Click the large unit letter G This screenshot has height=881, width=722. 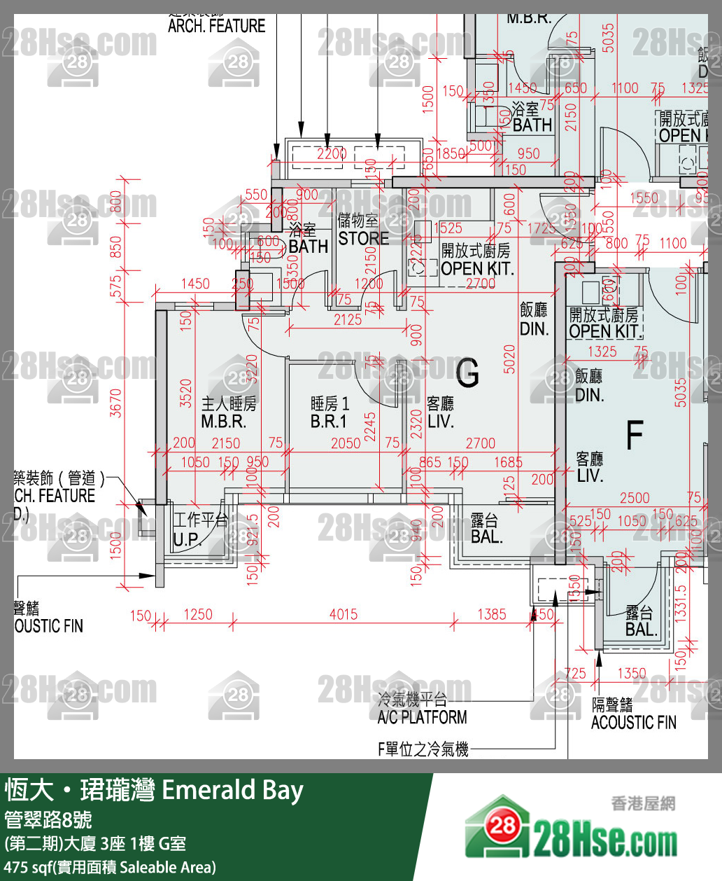click(x=467, y=372)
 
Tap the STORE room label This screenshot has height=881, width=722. click(x=363, y=238)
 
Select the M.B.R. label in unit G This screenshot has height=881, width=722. click(x=223, y=422)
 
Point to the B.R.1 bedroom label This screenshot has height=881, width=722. click(x=328, y=422)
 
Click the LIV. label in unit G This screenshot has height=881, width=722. click(x=440, y=422)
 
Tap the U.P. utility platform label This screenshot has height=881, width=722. click(x=187, y=539)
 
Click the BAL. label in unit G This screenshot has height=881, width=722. click(x=486, y=537)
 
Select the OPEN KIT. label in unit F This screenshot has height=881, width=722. click(x=604, y=331)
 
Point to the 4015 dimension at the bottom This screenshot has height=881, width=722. click(x=343, y=614)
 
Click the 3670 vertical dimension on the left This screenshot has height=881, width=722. click(x=116, y=403)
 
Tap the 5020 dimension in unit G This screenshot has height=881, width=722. click(x=509, y=359)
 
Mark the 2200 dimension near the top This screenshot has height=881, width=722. click(x=331, y=153)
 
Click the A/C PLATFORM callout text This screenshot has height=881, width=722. click(x=422, y=717)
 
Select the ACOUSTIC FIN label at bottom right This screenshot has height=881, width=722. click(x=633, y=722)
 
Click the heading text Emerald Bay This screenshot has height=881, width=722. click(x=232, y=790)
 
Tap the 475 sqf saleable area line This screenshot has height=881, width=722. click(x=110, y=867)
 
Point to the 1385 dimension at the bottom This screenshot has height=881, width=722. click(x=491, y=614)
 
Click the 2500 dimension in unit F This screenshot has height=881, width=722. click(x=634, y=498)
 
